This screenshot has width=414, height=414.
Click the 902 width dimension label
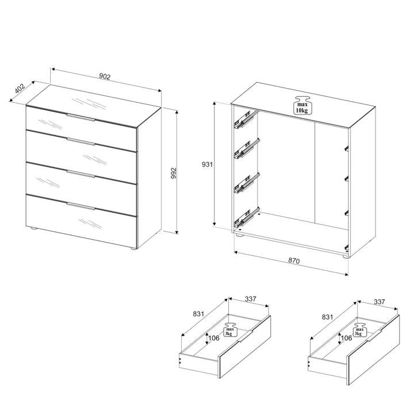(x=105, y=76)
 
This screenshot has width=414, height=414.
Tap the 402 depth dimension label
(x=20, y=89)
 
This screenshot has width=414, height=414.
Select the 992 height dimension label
(x=174, y=173)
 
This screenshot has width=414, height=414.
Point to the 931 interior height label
(x=207, y=164)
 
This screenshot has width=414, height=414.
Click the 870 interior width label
(x=294, y=260)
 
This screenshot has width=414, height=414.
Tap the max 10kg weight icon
(x=301, y=105)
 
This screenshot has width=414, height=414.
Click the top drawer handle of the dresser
(x=81, y=117)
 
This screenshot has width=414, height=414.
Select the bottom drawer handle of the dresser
(x=81, y=206)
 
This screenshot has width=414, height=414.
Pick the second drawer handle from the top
(x=81, y=141)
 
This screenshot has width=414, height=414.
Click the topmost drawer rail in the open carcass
(x=246, y=120)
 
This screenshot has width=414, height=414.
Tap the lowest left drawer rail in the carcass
(x=246, y=218)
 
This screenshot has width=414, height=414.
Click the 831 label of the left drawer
(x=198, y=314)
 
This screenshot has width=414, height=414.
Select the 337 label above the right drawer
(x=379, y=301)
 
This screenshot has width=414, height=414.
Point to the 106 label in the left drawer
(x=214, y=338)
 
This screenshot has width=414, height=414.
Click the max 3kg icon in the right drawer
(x=359, y=330)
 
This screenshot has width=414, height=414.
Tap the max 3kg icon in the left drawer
(x=230, y=330)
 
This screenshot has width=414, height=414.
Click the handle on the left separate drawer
(x=246, y=336)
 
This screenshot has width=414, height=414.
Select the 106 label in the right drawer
(x=346, y=338)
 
